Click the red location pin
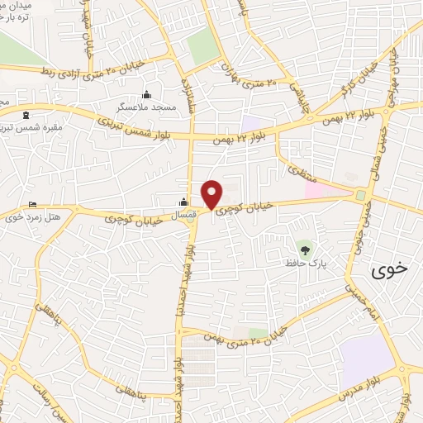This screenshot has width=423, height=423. click(212, 193)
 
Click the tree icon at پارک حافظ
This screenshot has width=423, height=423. click(306, 248)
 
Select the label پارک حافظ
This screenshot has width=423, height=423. click(303, 263)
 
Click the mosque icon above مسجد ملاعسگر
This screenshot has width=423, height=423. click(147, 94)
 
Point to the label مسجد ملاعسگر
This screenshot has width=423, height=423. click(147, 107)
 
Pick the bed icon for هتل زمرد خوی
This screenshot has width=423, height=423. click(32, 205)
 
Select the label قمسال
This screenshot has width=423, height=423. click(186, 215)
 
